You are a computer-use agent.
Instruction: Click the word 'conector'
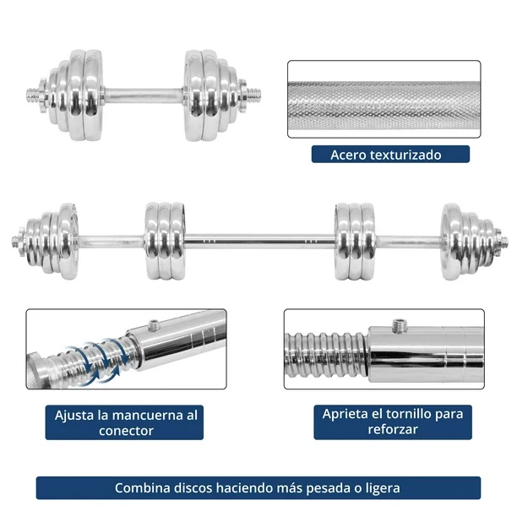[x=126, y=431]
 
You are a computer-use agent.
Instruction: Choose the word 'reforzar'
[x=393, y=429]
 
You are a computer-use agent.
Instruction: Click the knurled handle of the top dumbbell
[x=143, y=95]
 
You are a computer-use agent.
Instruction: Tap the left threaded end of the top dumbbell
[x=33, y=95]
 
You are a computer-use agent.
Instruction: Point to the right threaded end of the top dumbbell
[x=254, y=95]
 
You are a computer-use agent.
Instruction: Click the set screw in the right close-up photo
[x=400, y=325]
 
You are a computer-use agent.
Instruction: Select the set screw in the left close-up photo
[x=154, y=324]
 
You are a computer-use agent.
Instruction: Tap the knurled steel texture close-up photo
[x=384, y=99]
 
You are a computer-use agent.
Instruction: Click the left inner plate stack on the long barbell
[x=165, y=242]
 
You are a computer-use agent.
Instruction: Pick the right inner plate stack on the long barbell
[x=355, y=242]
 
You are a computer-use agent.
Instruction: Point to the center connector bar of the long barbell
[x=260, y=242]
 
